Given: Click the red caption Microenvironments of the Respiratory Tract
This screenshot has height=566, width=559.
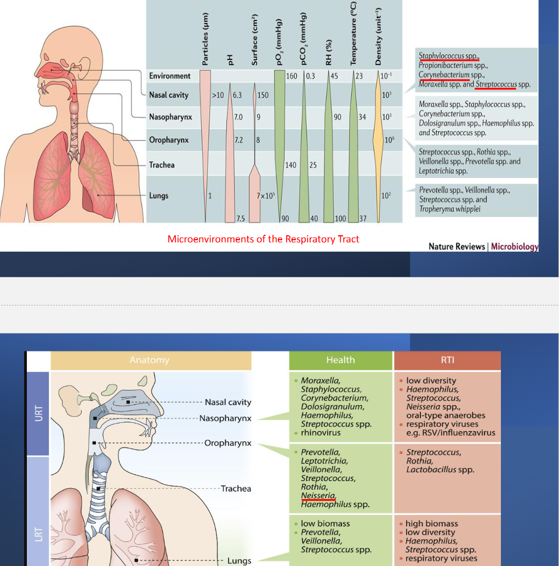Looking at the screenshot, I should click(263, 239).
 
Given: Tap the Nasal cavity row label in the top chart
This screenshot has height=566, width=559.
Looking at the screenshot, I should click(168, 95).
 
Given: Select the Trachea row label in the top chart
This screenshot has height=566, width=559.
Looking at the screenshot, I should click(162, 165).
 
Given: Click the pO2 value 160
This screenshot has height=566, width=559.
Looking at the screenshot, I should click(292, 76).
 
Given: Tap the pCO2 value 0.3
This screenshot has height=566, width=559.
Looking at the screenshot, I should click(310, 76).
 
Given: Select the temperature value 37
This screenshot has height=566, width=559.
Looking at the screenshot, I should click(362, 219).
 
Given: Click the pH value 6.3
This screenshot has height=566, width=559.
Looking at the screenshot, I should click(237, 95).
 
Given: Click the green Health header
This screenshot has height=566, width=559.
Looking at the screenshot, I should click(340, 360).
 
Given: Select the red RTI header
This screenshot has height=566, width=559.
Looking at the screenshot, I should click(447, 360).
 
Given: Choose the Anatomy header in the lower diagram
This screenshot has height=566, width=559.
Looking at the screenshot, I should click(150, 360).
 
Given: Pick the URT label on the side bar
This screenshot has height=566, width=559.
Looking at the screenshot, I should click(38, 414).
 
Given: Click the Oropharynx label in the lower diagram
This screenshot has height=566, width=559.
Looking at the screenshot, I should click(227, 443).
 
